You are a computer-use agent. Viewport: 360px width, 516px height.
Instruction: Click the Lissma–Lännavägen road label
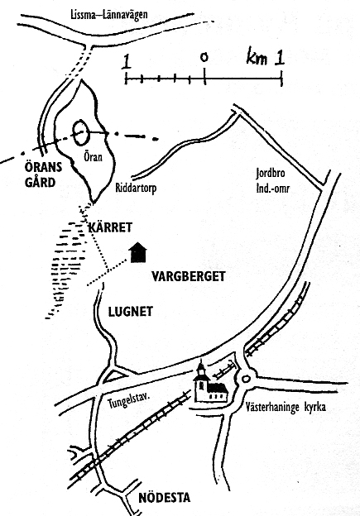[x=109, y=15]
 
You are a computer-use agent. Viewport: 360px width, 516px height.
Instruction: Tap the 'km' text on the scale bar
[x=257, y=59]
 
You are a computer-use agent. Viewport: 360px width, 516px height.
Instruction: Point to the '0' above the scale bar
[x=204, y=57]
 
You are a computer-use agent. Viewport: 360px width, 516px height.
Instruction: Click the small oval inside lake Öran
[x=81, y=133]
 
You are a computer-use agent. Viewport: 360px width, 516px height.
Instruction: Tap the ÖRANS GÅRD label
[x=43, y=174]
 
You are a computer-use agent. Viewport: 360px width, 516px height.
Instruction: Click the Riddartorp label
[x=136, y=188]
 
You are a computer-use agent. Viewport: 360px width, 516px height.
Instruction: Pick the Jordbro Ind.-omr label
[x=272, y=180]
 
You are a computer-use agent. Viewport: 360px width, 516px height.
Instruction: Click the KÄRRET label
[x=110, y=227]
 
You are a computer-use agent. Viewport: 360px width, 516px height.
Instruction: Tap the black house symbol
[x=137, y=253]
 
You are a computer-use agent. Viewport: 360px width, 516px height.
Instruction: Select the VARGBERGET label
[x=189, y=276]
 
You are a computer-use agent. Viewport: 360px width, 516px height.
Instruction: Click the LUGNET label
[x=131, y=312]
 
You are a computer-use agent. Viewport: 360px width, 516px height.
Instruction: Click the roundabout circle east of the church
[x=246, y=379]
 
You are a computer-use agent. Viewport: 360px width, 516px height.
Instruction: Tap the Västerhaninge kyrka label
[x=286, y=407]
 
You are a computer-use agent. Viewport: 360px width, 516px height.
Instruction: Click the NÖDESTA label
[x=165, y=497]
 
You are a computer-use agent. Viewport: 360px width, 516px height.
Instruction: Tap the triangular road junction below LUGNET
[x=114, y=375]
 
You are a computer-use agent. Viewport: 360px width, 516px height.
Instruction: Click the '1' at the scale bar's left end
[x=126, y=62]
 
